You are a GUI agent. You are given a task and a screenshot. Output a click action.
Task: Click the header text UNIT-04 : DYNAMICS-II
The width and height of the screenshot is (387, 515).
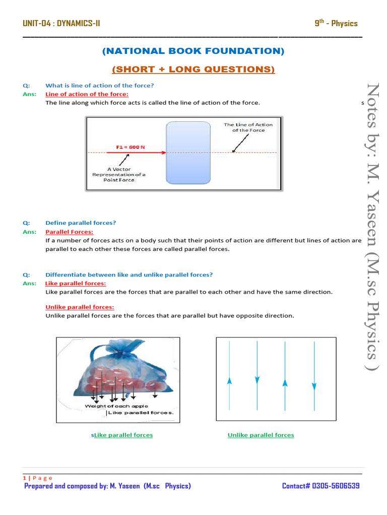61,23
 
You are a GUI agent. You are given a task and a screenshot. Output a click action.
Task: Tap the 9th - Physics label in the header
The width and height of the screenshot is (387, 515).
336,23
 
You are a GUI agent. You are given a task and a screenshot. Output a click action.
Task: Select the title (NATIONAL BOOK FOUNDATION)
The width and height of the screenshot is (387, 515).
193,51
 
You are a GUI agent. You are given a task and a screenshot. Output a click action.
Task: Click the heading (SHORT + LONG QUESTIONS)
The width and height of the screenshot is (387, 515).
193,69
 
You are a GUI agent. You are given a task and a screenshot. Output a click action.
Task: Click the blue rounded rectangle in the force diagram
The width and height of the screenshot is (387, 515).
188,152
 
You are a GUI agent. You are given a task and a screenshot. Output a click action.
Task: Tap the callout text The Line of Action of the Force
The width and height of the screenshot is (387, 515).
248,127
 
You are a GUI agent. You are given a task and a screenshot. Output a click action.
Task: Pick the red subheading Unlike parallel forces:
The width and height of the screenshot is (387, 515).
80,307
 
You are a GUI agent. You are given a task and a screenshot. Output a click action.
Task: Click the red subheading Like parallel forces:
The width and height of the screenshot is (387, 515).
76,283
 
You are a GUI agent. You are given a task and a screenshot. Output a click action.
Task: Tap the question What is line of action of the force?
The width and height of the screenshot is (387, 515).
99,85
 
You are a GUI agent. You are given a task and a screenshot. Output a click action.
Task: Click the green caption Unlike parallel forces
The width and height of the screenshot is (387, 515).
261,435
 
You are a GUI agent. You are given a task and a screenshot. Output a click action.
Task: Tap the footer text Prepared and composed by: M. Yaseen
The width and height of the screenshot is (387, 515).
108,486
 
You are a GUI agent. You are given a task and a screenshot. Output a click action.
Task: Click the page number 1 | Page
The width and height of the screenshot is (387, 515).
38,478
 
